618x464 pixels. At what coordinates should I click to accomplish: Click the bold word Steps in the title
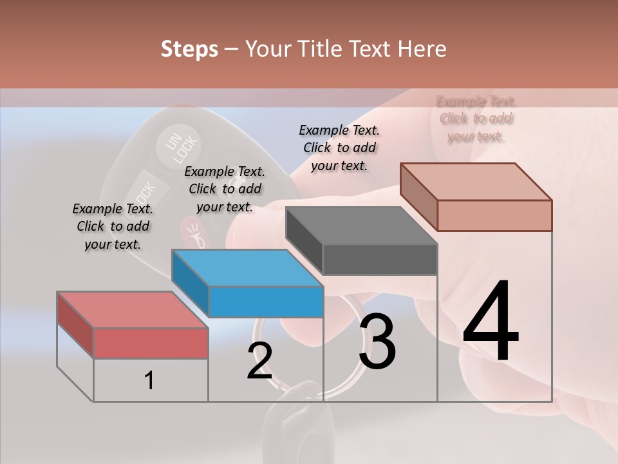coord(189,49)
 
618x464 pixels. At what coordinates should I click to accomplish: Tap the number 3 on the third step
coord(377,342)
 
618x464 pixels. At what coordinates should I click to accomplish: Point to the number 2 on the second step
coord(259,361)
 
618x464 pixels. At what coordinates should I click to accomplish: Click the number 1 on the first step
coord(149,380)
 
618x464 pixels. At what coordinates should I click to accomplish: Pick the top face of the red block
coord(132,310)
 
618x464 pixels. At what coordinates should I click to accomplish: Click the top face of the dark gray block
coord(360,226)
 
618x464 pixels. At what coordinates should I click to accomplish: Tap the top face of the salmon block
coord(475,182)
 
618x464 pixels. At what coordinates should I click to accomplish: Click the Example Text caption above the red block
coord(113,226)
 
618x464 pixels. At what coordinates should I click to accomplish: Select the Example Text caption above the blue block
coord(225,189)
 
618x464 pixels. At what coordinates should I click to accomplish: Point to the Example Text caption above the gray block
coord(339,148)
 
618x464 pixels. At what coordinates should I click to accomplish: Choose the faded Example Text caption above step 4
coord(476,119)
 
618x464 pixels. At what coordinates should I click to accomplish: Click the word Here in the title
coord(423,49)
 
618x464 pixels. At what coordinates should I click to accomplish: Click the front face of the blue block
coord(266,302)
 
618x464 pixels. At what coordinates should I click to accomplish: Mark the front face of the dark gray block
coord(380,260)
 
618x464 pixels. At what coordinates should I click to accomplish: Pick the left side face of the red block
coord(75,324)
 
